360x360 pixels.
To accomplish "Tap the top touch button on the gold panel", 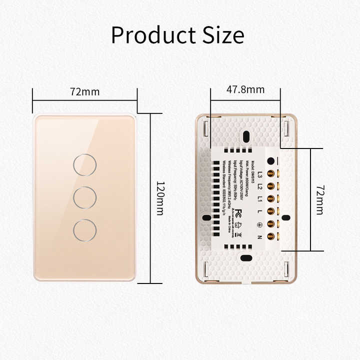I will [x=84, y=164].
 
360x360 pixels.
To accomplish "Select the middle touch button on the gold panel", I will [x=84, y=197].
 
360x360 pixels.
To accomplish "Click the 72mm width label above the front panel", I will [x=84, y=92].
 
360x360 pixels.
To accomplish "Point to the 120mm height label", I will [x=160, y=198].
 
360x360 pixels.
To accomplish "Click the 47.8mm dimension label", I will [x=245, y=90].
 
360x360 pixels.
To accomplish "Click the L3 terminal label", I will [x=259, y=174].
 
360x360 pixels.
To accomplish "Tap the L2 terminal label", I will [x=259, y=187].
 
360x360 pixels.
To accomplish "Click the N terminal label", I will [x=259, y=236].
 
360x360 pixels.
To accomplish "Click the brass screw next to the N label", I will [x=271, y=236].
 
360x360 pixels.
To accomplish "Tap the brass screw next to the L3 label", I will [x=271, y=174].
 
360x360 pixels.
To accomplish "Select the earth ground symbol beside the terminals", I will [x=259, y=224].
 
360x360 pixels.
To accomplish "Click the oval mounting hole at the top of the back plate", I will [x=245, y=137].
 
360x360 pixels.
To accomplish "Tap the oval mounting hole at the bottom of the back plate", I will [x=245, y=258].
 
